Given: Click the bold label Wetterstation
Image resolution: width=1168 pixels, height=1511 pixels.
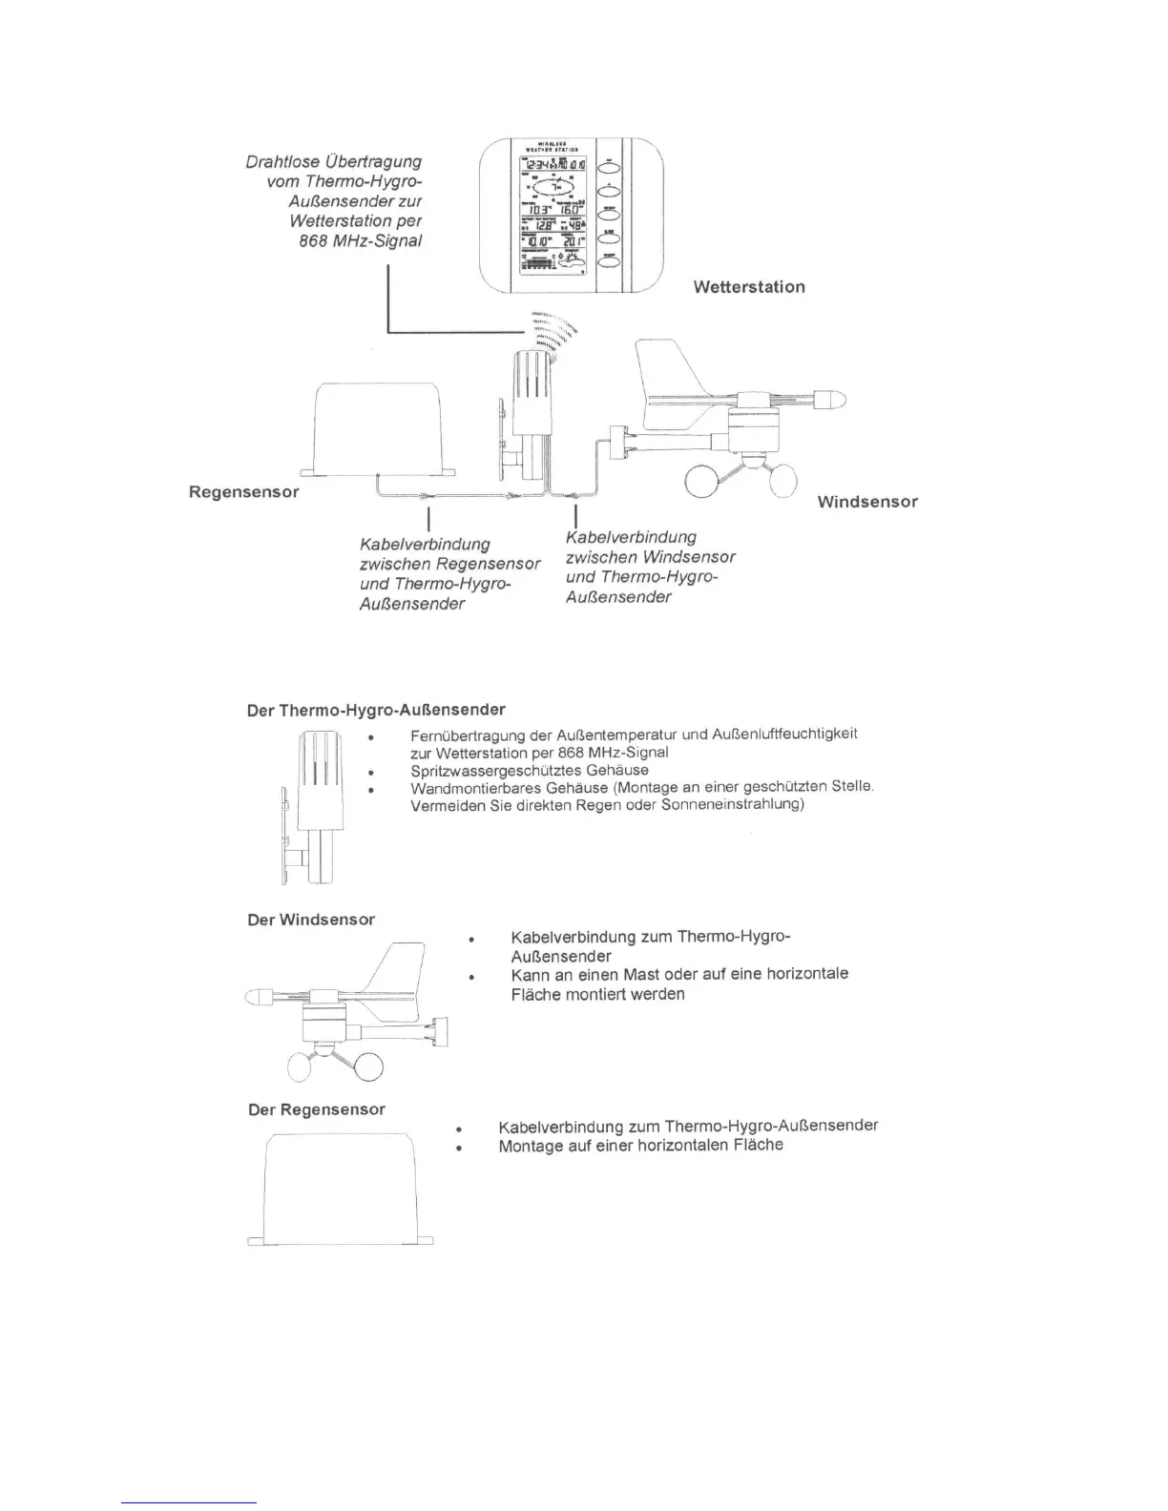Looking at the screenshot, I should [749, 287].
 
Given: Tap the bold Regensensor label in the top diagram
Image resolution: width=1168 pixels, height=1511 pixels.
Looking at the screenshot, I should [243, 492].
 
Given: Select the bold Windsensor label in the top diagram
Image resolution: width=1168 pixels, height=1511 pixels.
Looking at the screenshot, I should [867, 502].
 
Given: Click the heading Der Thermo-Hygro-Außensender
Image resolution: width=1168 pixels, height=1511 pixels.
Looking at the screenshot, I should [376, 710].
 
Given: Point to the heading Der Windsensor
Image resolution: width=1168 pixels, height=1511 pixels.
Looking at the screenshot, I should [311, 920].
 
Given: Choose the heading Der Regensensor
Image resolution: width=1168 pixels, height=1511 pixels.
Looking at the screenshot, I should [317, 1109].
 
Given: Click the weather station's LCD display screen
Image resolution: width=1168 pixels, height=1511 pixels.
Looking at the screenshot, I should [553, 217].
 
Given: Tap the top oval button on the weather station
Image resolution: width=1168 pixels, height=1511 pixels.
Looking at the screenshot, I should [610, 169].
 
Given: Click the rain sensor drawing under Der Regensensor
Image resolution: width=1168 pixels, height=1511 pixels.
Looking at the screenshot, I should [340, 1189].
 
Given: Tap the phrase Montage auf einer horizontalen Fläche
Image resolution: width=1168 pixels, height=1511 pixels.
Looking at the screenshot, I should [640, 1146].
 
